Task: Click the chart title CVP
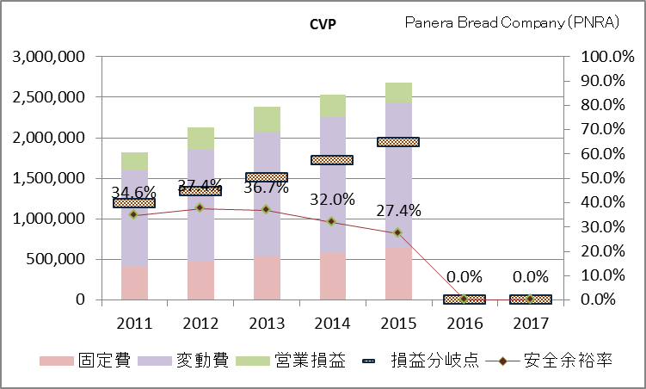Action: click(x=323, y=23)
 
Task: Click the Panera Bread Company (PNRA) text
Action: click(x=513, y=23)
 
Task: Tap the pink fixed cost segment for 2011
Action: click(x=134, y=283)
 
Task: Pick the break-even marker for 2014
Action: click(x=332, y=159)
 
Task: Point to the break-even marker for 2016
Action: click(x=465, y=299)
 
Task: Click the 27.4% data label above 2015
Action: click(x=398, y=211)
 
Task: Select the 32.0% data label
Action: click(x=333, y=199)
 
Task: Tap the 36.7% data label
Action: click(x=267, y=187)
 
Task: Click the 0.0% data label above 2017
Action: click(x=531, y=277)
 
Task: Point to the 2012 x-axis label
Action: click(x=200, y=323)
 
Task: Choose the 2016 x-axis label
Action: click(x=465, y=323)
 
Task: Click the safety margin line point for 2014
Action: click(x=332, y=221)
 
